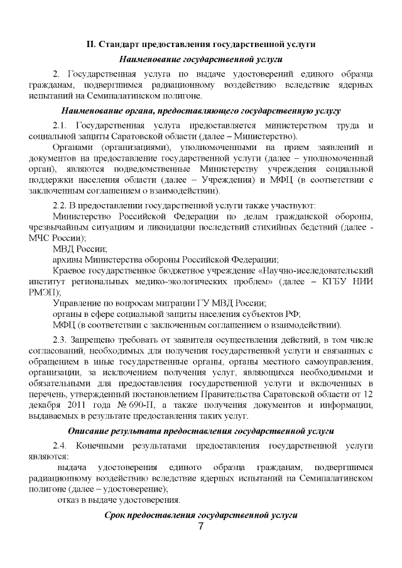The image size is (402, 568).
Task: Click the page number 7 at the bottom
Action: [x=200, y=527]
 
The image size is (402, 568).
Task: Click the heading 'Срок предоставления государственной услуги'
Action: [x=200, y=515]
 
